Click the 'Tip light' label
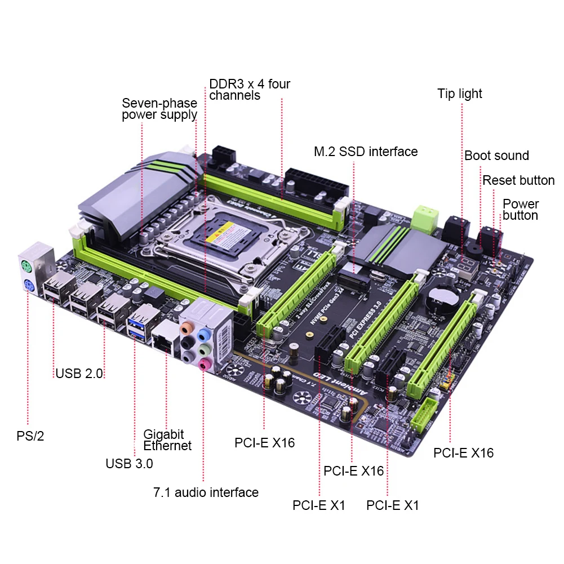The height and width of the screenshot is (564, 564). click(460, 94)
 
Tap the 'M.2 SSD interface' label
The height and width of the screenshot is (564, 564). click(366, 152)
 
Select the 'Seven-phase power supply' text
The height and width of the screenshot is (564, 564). click(159, 109)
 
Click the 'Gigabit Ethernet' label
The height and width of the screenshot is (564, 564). click(167, 440)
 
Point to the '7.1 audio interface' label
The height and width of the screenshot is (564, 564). click(206, 492)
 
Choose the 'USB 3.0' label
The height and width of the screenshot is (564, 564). click(129, 464)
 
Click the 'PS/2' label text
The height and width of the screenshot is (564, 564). click(30, 436)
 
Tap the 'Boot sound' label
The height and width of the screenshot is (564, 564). click(496, 156)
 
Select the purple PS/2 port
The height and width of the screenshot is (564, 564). click(28, 285)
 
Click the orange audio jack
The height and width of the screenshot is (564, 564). click(185, 327)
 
